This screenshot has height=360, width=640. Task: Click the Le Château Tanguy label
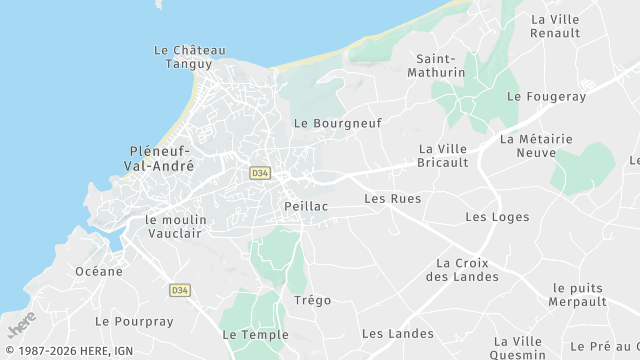click(190, 57)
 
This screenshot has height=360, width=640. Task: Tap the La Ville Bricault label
click(443, 156)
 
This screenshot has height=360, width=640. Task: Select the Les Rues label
click(392, 199)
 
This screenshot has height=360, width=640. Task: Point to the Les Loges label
click(490, 217)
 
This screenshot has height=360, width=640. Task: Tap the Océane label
click(99, 271)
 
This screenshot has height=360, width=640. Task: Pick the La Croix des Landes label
click(468, 270)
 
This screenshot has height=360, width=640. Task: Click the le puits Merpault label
click(580, 295)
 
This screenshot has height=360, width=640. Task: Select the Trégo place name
click(312, 300)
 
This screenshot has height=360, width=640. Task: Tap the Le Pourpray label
click(134, 322)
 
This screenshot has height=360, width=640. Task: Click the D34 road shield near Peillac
click(260, 173)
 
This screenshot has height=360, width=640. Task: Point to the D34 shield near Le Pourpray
click(180, 290)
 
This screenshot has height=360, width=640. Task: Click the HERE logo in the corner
click(21, 326)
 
